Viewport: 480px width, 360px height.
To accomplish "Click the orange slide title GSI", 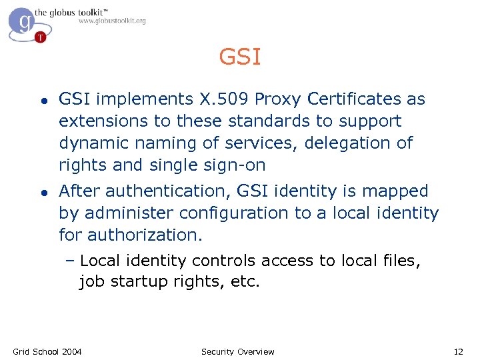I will point(240,57).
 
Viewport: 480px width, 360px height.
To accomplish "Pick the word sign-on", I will point(232,165).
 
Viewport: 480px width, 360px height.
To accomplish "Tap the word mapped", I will point(395,191).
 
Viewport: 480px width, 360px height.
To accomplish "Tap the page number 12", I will point(458,351).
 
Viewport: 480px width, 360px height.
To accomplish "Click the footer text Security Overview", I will point(238,351).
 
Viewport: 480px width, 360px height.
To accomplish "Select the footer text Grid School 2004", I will point(47,351).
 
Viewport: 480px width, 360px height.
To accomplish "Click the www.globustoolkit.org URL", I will point(112,21).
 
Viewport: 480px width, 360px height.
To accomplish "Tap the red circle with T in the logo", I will point(41,37).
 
